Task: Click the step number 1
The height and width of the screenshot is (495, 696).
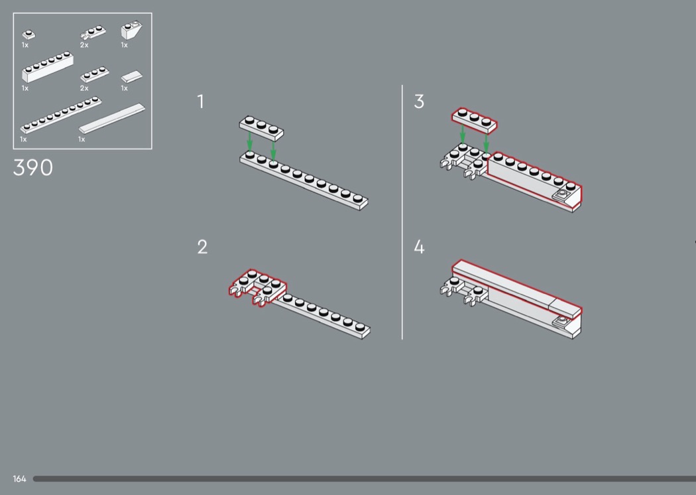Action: [x=201, y=102]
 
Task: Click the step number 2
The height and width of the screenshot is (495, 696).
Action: [x=202, y=247]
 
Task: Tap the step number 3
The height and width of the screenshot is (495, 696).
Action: [x=419, y=102]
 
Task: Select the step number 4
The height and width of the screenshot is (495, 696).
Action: [x=419, y=247]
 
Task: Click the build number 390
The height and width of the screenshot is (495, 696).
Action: [x=33, y=167]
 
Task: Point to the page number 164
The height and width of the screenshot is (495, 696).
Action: [x=19, y=478]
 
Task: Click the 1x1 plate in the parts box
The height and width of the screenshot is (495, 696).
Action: [x=29, y=35]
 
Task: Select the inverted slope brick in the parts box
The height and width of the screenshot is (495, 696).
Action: [x=131, y=31]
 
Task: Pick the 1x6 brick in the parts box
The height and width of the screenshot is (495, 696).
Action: [x=48, y=66]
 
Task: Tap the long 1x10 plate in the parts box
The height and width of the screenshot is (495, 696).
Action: [x=61, y=115]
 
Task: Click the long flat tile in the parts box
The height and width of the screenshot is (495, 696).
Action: [x=112, y=118]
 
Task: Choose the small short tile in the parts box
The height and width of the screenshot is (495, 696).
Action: [x=132, y=76]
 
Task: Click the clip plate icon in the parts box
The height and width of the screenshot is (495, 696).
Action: [x=93, y=33]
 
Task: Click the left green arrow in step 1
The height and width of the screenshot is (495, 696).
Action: [x=250, y=141]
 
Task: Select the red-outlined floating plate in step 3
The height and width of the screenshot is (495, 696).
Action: [x=475, y=120]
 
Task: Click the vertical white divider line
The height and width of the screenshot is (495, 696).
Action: [x=402, y=212]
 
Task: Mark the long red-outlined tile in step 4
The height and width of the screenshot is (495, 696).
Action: [x=517, y=288]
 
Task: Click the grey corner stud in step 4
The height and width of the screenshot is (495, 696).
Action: [x=563, y=319]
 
